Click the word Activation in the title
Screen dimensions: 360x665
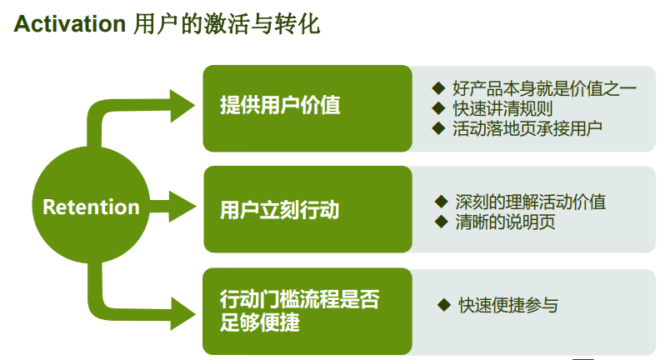(x=69, y=24)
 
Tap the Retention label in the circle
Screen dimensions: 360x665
(x=91, y=207)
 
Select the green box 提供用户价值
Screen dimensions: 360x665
(x=307, y=107)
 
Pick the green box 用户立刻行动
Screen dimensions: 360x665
(x=307, y=208)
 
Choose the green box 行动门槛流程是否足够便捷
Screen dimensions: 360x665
(x=307, y=311)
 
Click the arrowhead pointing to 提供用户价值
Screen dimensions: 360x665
(x=182, y=105)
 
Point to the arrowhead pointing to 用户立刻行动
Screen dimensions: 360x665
(x=182, y=205)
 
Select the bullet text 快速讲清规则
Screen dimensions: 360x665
(x=502, y=108)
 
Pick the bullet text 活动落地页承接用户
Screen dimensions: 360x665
(x=527, y=128)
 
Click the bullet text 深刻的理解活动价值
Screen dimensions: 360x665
(x=530, y=202)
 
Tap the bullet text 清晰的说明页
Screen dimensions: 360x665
(x=505, y=222)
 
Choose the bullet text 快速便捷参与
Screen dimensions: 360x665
(x=508, y=305)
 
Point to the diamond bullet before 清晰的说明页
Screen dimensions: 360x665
(x=442, y=222)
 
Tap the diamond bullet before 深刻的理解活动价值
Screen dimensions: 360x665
(x=442, y=201)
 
